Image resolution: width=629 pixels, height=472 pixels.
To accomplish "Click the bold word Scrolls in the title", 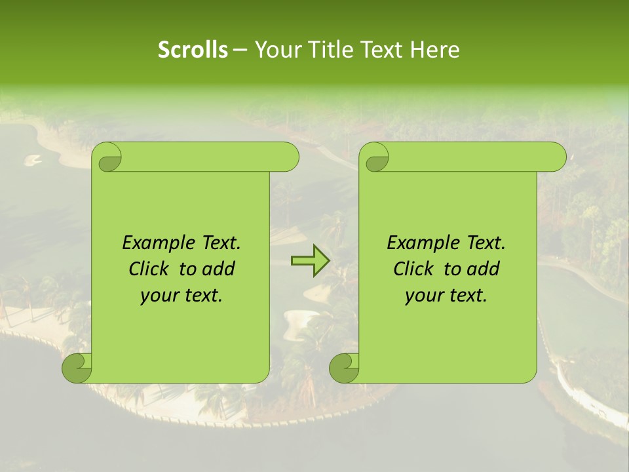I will [193, 50].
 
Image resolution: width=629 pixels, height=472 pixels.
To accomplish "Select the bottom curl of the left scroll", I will [77, 368].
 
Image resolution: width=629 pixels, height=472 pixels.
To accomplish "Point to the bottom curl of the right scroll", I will [345, 368].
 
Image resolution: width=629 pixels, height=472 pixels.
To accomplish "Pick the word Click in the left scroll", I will [150, 269].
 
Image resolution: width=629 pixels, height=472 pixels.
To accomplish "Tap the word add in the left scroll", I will [219, 269].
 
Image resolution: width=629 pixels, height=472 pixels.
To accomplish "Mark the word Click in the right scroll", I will [415, 269].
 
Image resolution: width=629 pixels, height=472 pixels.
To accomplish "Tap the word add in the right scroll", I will [484, 269].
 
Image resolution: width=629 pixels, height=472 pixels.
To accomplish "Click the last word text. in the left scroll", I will [202, 296].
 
